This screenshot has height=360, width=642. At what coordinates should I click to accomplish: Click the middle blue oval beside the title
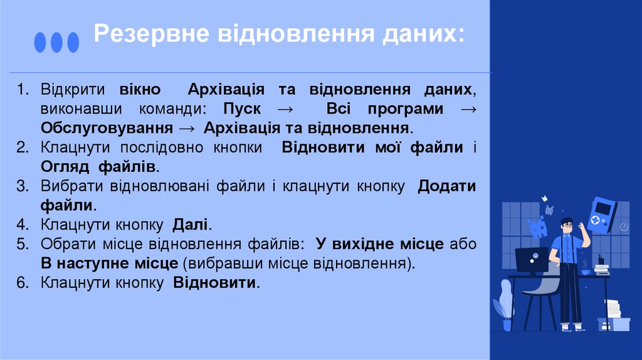tap(56, 42)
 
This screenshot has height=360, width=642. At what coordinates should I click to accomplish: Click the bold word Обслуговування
tap(107, 129)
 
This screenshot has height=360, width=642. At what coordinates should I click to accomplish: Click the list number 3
tap(23, 186)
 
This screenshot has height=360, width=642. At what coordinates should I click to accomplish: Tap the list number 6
tap(23, 283)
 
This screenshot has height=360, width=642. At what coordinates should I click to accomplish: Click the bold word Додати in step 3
tap(446, 186)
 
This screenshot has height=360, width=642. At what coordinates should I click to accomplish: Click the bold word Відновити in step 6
tap(215, 283)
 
